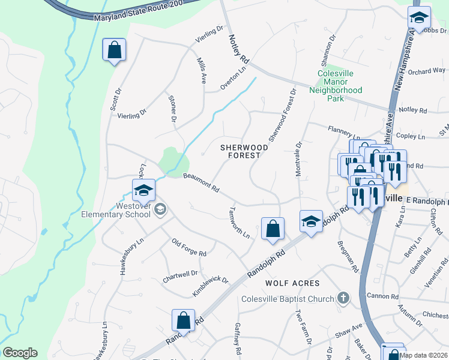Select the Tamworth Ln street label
point(240,223)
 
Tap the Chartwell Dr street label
point(180,277)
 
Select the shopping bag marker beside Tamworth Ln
point(273,229)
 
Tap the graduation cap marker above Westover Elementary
point(144,191)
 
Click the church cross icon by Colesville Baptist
point(343,298)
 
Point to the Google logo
point(20,353)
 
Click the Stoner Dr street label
point(172,109)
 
